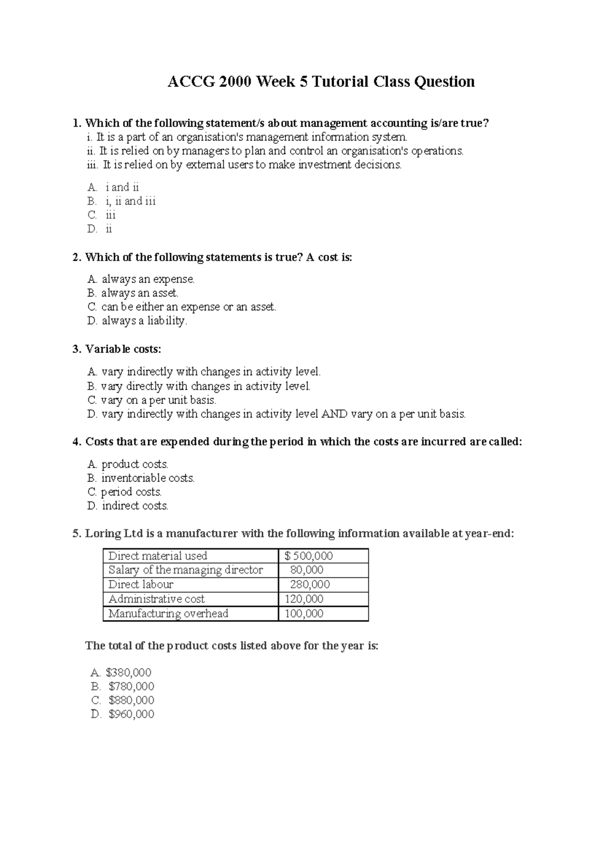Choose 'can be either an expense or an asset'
pyautogui.click(x=188, y=307)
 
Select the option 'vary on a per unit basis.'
pyautogui.click(x=158, y=400)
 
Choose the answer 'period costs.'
pyautogui.click(x=131, y=492)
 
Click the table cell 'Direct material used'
pyautogui.click(x=158, y=556)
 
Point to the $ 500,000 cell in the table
pyautogui.click(x=309, y=556)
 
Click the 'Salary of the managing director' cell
pyautogui.click(x=185, y=570)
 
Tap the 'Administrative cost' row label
pyautogui.click(x=156, y=599)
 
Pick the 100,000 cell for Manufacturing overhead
pyautogui.click(x=304, y=614)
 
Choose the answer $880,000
pyautogui.click(x=131, y=700)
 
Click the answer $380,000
pyautogui.click(x=128, y=673)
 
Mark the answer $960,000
pyautogui.click(x=131, y=714)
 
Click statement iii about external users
pyautogui.click(x=251, y=165)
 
